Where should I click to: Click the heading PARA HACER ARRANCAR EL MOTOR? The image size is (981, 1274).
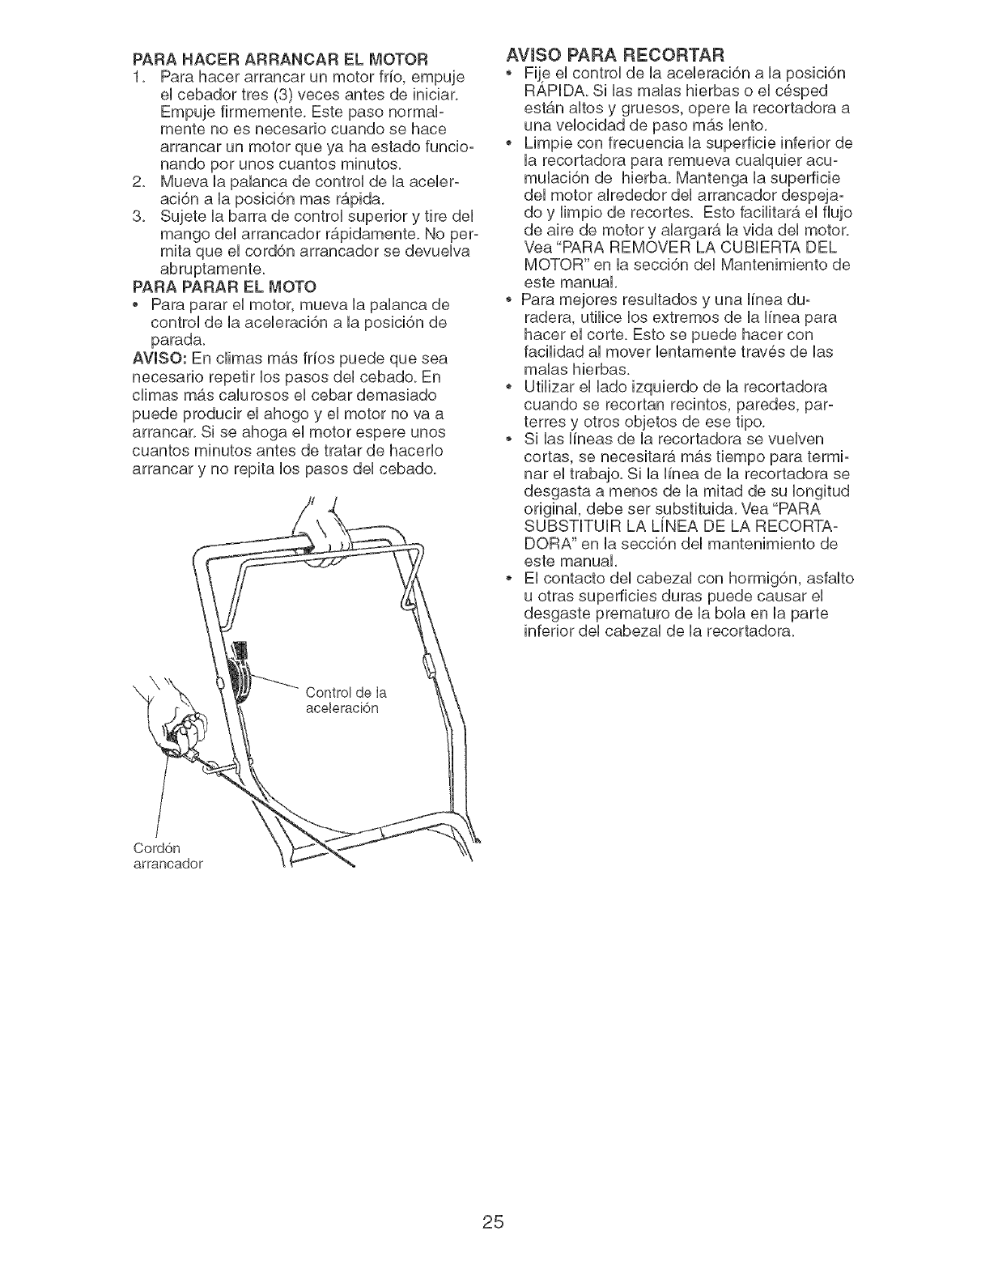[x=278, y=57]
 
